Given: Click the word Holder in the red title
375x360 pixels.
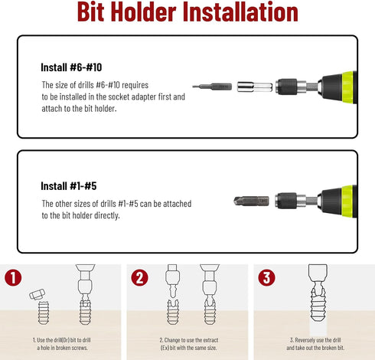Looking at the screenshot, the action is (x=144, y=12).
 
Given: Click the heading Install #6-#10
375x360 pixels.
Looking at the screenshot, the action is (x=71, y=67).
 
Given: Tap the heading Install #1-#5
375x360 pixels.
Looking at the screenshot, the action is (x=69, y=186).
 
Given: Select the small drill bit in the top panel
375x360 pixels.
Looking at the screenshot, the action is (x=212, y=87).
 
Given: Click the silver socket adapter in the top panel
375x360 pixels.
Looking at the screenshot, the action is (x=255, y=87).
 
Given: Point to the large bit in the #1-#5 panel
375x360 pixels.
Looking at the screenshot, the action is (x=251, y=201).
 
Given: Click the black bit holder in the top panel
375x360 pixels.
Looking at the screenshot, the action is (x=286, y=87).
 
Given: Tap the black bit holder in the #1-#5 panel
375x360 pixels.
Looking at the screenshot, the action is (x=286, y=201).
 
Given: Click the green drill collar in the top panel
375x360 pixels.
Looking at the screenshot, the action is (x=347, y=87).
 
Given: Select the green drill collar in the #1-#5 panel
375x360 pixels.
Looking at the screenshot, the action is (x=347, y=201).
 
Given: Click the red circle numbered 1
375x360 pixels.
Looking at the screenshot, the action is (x=13, y=278).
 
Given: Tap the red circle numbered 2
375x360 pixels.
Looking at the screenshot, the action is (x=139, y=278).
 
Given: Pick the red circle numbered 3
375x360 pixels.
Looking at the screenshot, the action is (x=266, y=278).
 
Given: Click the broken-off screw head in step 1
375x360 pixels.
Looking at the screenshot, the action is (x=37, y=294).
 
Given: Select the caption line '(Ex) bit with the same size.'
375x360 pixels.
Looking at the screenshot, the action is (x=188, y=348).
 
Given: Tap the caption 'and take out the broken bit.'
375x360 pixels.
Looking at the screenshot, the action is (x=315, y=348).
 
